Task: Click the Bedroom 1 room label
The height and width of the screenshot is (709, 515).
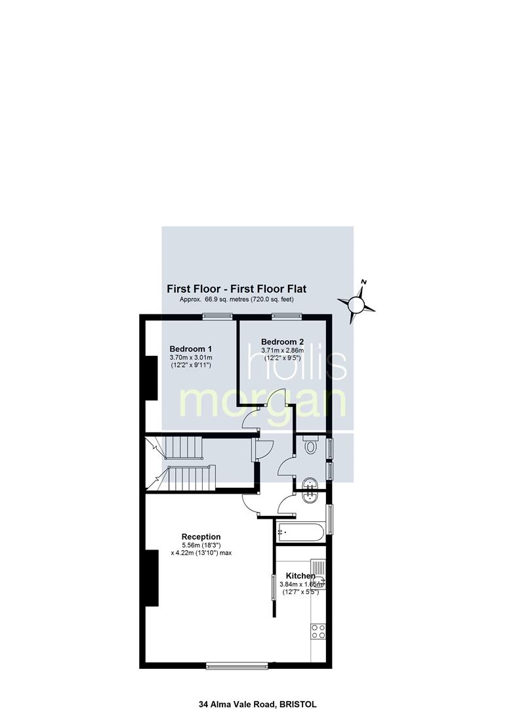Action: coord(191,349)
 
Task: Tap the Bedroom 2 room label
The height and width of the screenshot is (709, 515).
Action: coord(282,342)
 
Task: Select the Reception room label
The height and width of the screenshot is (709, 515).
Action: coord(201,537)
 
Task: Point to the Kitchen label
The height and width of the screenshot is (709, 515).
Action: coord(300,576)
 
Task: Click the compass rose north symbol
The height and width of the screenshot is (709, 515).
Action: coord(356,301)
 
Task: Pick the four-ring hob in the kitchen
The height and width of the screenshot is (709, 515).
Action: coord(318,632)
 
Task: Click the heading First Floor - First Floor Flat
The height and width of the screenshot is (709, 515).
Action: coord(237,288)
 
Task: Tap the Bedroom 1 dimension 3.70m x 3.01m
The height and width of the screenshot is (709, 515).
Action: coord(191,358)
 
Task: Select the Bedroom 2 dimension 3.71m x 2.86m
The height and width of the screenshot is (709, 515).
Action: coord(282,351)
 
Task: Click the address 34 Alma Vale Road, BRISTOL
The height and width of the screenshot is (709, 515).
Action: coord(257,704)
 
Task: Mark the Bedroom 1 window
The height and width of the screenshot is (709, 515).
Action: coord(217,317)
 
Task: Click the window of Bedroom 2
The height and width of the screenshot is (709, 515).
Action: coord(287,317)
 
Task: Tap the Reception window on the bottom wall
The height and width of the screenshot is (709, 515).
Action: coord(237,666)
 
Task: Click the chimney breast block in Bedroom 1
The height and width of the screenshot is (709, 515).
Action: coord(151,378)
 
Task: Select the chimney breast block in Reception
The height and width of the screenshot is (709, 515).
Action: coord(152,578)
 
